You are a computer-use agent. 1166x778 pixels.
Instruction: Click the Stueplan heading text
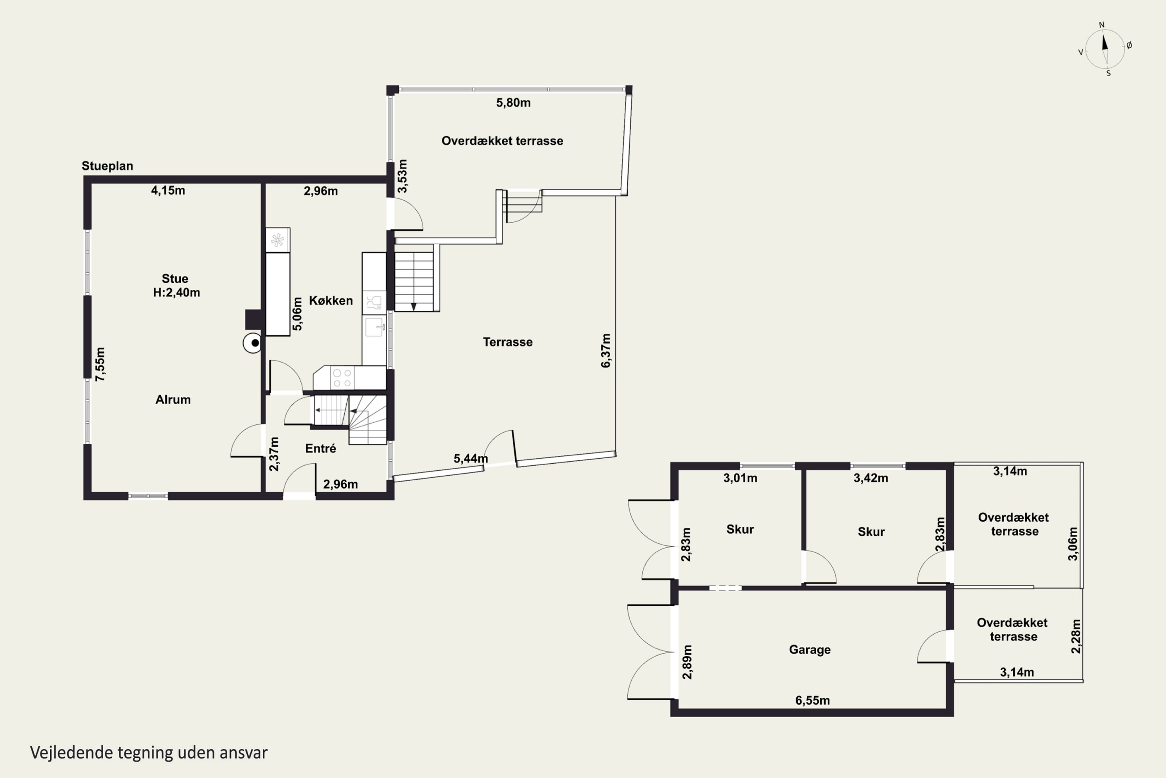pos(108,166)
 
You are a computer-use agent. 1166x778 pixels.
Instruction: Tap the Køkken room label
pos(331,301)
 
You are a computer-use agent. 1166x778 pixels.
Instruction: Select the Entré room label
pos(321,449)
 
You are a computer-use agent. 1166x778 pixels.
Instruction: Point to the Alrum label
pos(173,400)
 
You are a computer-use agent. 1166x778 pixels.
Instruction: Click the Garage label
pos(810,650)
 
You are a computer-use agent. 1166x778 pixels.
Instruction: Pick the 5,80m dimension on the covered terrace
pos(513,103)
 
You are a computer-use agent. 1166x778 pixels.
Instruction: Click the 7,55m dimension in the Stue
pos(101,364)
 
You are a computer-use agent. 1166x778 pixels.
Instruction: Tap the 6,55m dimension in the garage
pos(813,700)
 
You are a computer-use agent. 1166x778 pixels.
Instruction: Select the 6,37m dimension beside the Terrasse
pos(606,350)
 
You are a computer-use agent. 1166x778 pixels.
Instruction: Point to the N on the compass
pos(1101,25)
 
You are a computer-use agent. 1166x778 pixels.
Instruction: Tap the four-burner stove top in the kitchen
pos(342,378)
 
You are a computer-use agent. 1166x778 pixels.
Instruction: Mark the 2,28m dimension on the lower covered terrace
pos(1076,636)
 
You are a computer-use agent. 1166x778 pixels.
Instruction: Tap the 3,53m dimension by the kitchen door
pos(403,176)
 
